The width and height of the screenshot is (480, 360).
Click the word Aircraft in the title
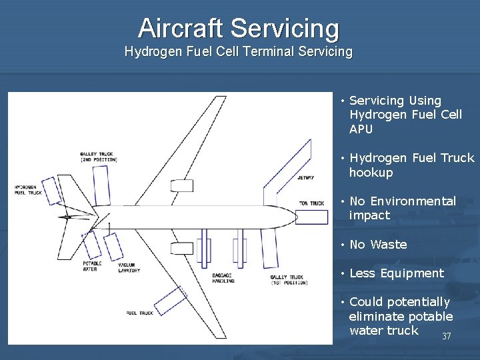[181, 28]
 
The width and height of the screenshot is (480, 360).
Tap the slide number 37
[447, 336]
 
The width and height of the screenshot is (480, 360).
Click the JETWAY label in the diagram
[305, 178]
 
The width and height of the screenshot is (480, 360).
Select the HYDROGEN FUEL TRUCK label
[27, 190]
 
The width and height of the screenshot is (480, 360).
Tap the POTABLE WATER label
[91, 267]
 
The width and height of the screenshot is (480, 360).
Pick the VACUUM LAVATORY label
[129, 268]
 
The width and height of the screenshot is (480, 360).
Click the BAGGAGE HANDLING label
[223, 278]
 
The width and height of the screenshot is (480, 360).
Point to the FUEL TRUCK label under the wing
[139, 313]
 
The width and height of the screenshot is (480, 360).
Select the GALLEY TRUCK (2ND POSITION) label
[98, 157]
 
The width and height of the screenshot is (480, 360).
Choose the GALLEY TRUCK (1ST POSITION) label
[288, 279]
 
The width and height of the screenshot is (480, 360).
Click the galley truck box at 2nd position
[101, 185]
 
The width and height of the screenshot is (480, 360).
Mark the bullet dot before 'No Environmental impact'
[341, 201]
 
